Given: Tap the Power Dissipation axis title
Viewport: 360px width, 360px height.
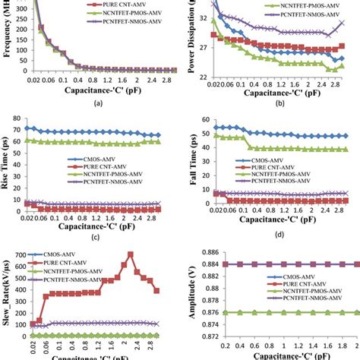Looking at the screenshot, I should tap(187, 38).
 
